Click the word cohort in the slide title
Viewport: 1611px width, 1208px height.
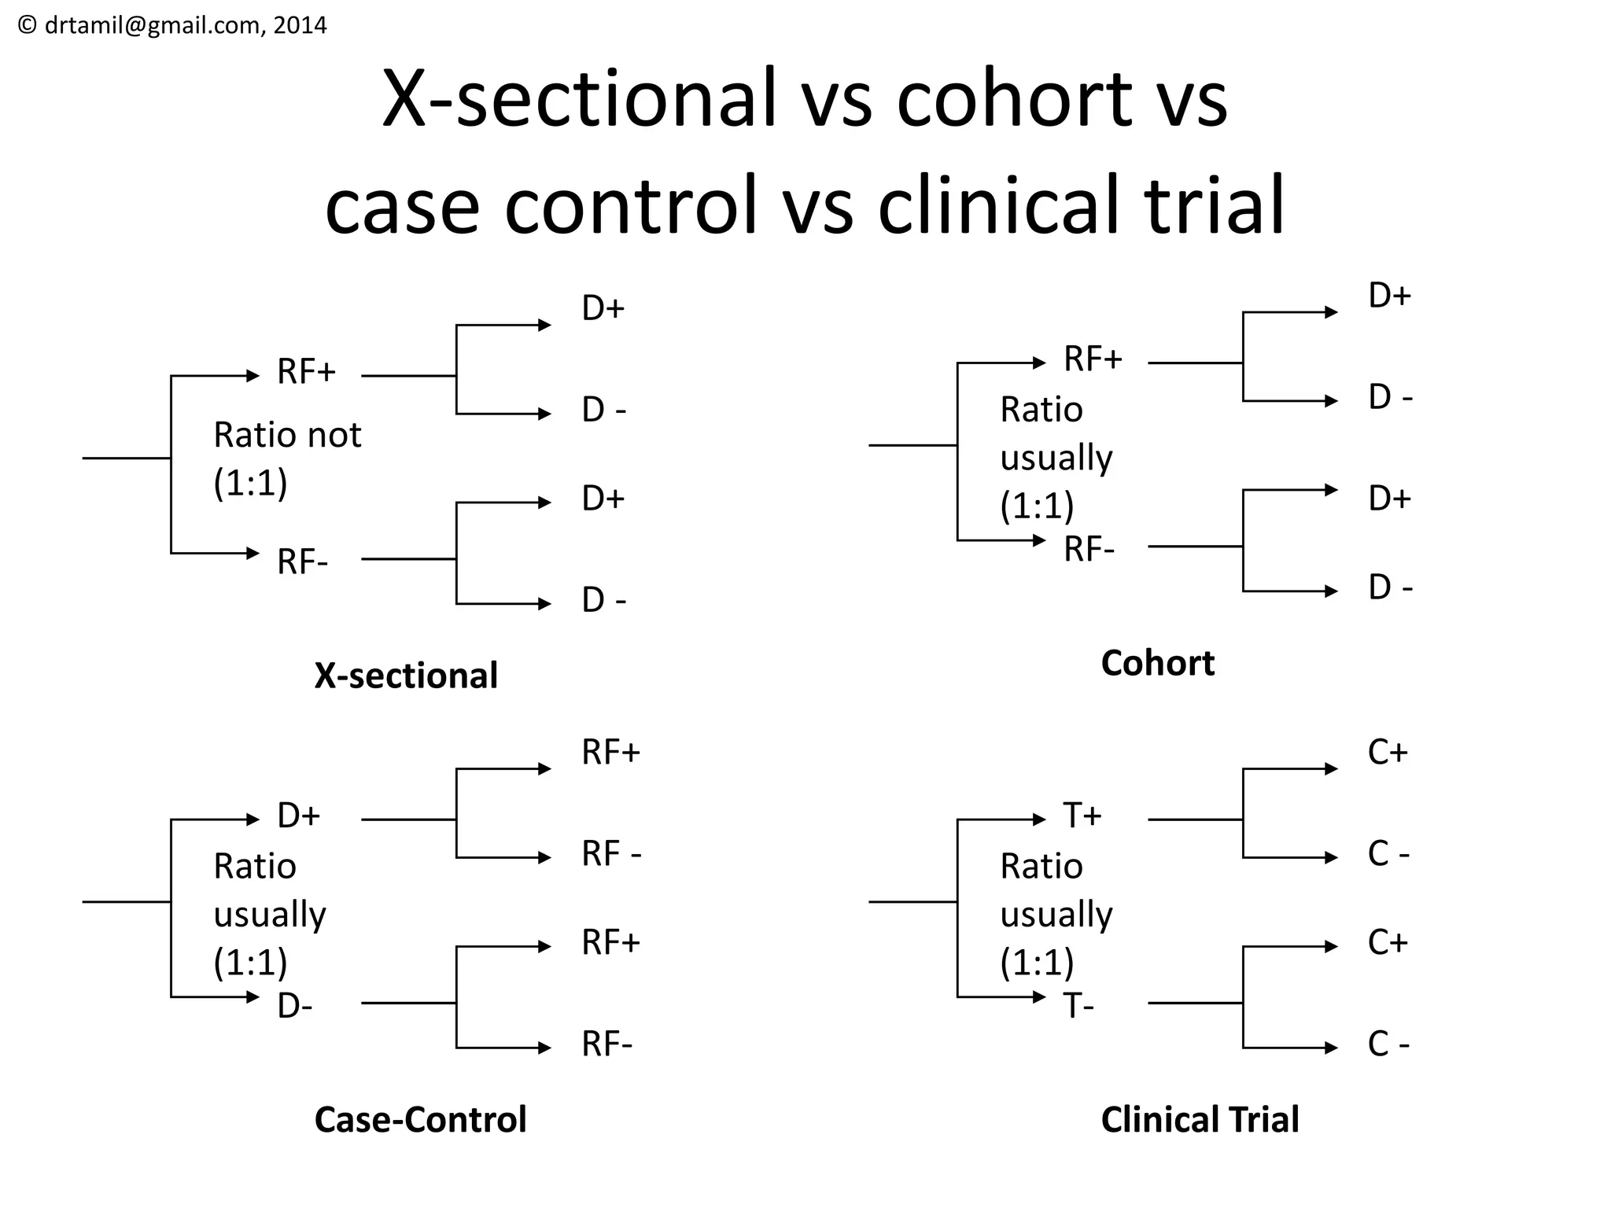[x=1014, y=99]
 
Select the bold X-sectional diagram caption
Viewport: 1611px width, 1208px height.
[x=406, y=676]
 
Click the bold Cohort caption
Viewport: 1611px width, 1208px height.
[x=1157, y=663]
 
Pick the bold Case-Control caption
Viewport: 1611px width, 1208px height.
[x=420, y=1119]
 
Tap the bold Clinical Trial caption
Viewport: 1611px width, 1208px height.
[x=1200, y=1119]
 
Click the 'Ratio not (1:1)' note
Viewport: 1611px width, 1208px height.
[x=287, y=459]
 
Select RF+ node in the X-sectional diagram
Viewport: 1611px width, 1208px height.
[x=306, y=372]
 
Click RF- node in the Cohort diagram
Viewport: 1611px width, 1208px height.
[x=1089, y=549]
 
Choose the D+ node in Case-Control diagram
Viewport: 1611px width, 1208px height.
[x=298, y=816]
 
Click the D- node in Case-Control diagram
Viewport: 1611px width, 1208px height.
[x=295, y=1007]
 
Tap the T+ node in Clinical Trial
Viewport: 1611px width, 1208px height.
[x=1082, y=816]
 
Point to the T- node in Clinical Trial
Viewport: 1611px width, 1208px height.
[x=1078, y=1007]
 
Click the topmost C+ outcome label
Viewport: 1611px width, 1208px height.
[x=1388, y=753]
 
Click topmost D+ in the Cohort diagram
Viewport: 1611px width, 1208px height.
[x=1390, y=296]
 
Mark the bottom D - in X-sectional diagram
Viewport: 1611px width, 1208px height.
[x=604, y=601]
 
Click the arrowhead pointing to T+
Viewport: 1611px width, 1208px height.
[x=1040, y=819]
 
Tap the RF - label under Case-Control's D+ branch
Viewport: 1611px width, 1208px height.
[x=611, y=854]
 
